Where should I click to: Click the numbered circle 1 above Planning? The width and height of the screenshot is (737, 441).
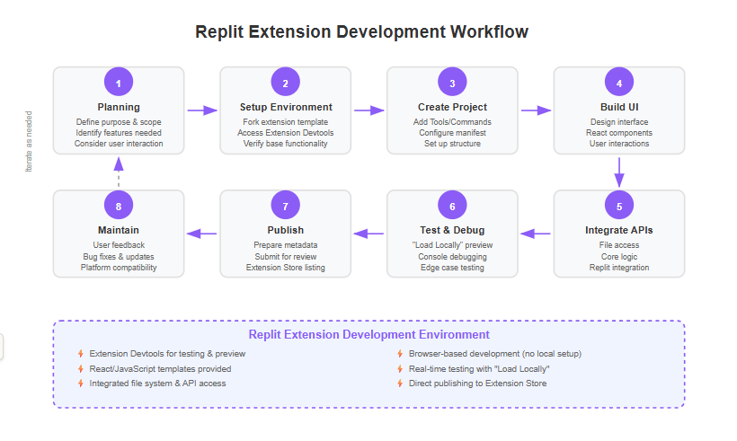click(x=119, y=82)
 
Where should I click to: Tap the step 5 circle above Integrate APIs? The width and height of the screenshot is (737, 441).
click(x=619, y=206)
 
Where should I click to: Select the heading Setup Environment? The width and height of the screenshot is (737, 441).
click(x=286, y=107)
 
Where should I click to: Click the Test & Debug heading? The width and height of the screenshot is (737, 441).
click(x=452, y=230)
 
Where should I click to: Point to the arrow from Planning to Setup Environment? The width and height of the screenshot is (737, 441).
click(x=202, y=110)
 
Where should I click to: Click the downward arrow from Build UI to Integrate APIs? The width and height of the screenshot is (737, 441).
click(x=619, y=172)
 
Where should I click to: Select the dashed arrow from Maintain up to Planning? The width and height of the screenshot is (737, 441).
click(x=119, y=172)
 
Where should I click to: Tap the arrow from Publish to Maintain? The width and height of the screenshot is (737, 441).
click(x=201, y=234)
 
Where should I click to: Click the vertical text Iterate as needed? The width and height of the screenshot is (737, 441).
click(x=29, y=141)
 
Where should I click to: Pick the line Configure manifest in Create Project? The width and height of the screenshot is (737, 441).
click(x=452, y=133)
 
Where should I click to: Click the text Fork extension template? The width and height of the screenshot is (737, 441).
click(x=285, y=122)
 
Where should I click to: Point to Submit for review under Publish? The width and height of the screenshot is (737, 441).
click(x=285, y=257)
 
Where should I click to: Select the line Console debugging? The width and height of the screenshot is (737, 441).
click(x=452, y=257)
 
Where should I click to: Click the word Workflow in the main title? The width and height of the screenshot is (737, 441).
click(x=489, y=32)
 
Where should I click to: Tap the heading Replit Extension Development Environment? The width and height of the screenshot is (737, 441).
click(x=369, y=334)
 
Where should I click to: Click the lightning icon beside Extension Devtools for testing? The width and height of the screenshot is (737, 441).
click(x=81, y=354)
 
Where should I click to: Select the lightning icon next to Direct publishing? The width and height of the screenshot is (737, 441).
click(x=400, y=384)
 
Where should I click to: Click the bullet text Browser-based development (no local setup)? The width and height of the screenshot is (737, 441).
click(x=495, y=354)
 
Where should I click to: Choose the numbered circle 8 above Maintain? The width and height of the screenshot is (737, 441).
click(x=119, y=206)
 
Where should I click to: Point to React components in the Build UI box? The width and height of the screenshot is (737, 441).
click(x=619, y=133)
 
